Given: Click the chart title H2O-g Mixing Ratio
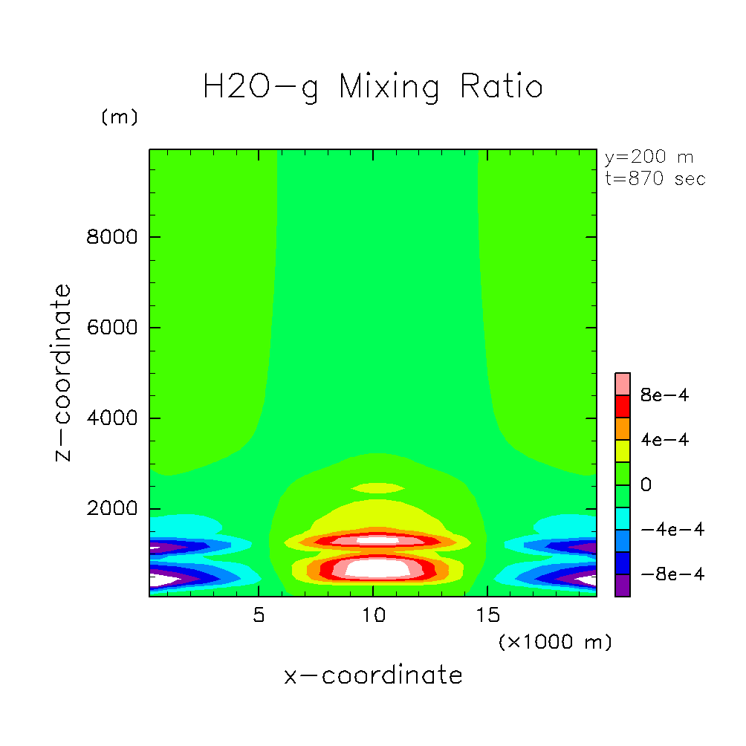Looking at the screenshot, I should point(372,87).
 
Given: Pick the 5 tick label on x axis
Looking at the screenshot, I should point(258,616).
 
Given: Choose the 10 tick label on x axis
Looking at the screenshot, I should point(372,616).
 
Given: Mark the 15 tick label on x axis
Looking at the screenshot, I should point(487,616).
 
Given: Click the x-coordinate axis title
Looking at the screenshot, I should point(373,675).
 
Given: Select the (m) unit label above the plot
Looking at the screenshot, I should point(119,117).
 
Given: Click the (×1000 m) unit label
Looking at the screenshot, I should point(554,642).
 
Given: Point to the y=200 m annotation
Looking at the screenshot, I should point(649,158).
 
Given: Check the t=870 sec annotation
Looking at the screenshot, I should point(655,178).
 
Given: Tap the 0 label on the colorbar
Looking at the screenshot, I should point(646,485).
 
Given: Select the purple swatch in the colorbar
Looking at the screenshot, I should point(623,586).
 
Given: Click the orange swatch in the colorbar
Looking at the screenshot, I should point(623,429).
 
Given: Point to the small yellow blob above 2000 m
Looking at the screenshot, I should point(378,488).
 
